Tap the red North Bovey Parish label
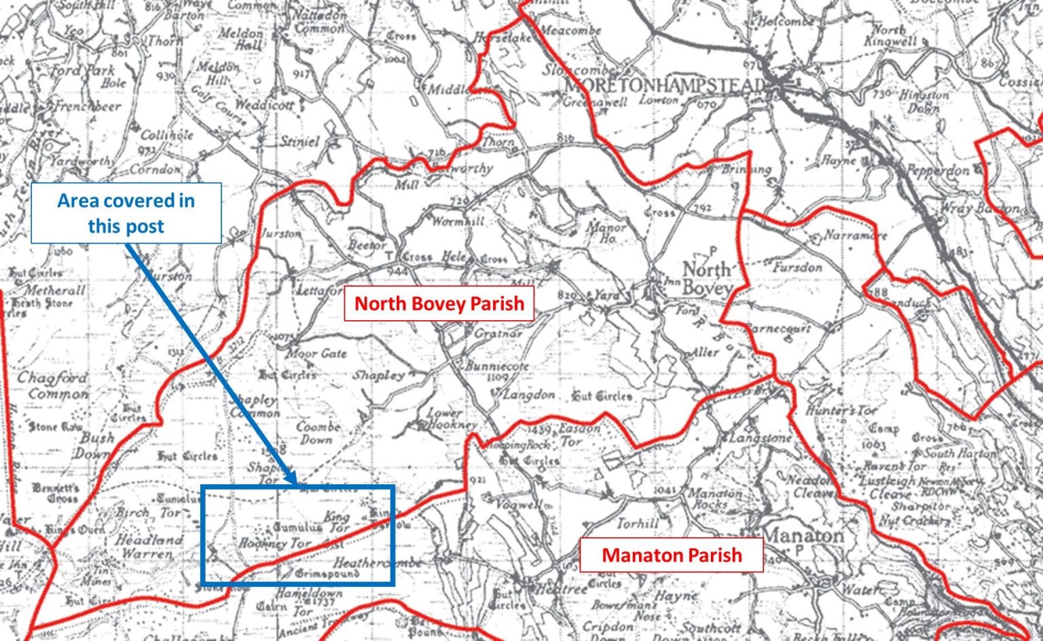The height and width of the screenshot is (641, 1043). pos(439,303)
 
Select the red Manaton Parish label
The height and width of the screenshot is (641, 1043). pos(672,555)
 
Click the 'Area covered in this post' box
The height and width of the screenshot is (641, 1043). pos(126,213)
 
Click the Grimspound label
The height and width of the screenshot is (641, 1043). pos(327,574)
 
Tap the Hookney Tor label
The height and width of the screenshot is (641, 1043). pos(275,543)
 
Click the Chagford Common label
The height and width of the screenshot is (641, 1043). pos(53,385)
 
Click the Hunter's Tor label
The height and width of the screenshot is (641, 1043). pos(841,411)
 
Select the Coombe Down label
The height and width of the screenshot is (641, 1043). pos(318,433)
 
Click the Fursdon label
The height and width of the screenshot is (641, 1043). pos(797,267)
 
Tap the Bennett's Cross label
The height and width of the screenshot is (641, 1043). pos(56,492)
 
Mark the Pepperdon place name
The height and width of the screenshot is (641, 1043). pos(938,170)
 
